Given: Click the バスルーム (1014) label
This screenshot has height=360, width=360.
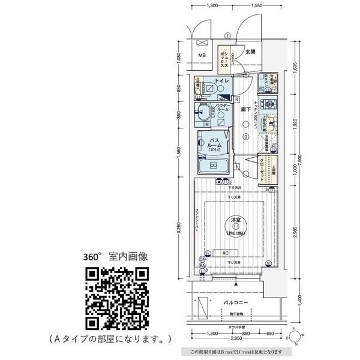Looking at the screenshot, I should tap(216, 145).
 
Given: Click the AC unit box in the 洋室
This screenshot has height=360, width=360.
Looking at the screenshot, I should tap(225, 253).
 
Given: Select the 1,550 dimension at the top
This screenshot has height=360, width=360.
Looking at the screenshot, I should tap(257, 5).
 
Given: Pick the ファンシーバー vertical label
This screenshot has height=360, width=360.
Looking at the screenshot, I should tap(197, 222).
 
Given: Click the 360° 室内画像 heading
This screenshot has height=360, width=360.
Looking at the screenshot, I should tap(116, 256).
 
